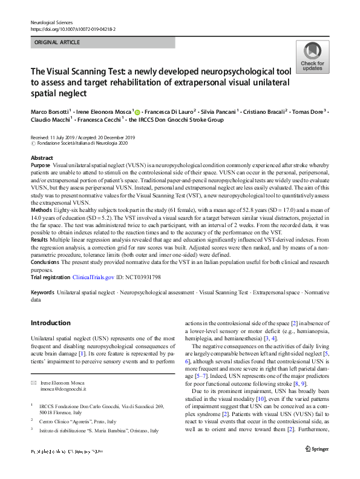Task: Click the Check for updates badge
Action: click(x=312, y=58)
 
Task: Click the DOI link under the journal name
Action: click(x=73, y=29)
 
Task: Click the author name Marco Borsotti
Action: click(x=51, y=111)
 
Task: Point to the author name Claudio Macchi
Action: click(x=51, y=120)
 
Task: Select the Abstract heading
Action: click(x=42, y=157)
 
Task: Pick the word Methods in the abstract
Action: click(x=41, y=210)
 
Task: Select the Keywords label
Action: click(x=42, y=292)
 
